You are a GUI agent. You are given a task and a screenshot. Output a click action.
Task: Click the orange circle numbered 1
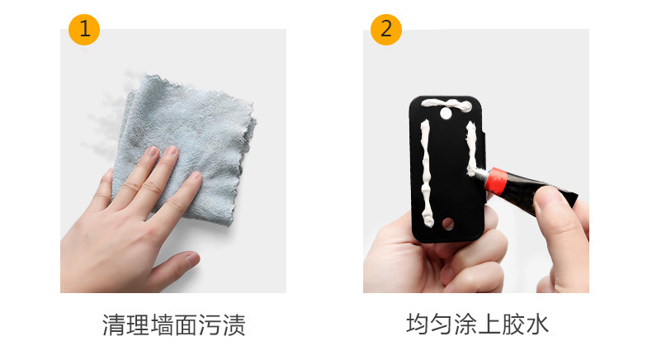tap(84, 30)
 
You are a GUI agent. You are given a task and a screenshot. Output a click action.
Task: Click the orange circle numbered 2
tap(386, 30)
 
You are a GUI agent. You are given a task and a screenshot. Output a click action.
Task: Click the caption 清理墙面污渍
tap(174, 324)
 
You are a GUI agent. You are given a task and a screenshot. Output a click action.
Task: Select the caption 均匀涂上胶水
tap(477, 324)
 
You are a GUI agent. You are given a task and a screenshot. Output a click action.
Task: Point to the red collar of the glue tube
tap(495, 182)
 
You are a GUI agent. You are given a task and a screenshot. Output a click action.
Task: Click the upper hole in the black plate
tap(446, 113)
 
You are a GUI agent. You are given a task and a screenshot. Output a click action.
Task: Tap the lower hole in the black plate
tap(448, 224)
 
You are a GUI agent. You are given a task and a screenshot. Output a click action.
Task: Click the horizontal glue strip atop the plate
tap(446, 104)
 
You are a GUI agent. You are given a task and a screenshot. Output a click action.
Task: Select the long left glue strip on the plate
tap(426, 173)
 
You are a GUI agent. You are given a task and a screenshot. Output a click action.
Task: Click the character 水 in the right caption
tap(537, 324)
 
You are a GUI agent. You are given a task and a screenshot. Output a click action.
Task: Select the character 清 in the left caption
tap(114, 324)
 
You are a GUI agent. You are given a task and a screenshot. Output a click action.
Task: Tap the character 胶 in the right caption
tap(513, 324)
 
